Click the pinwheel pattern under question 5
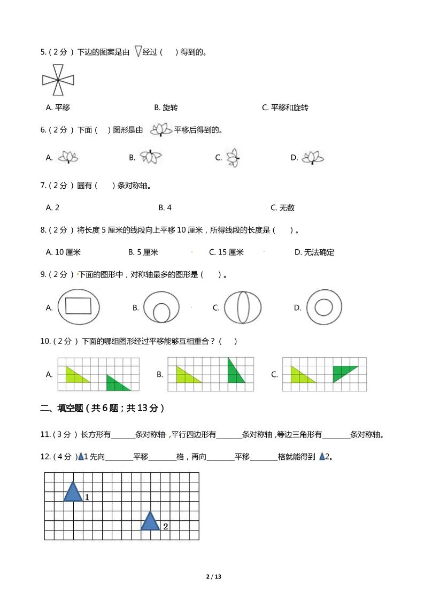point(57,80)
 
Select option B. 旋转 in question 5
point(166,107)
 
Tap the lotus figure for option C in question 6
point(233,158)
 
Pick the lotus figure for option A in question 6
point(68,157)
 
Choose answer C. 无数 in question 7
point(282,207)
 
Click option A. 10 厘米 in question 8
point(63,252)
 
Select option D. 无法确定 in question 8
point(314,252)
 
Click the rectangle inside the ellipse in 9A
point(78,306)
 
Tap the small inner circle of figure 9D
point(323,307)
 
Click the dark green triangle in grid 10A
point(116,384)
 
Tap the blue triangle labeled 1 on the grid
point(73,493)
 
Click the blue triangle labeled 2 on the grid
point(150,522)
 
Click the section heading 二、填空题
point(102,408)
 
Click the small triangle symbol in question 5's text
point(138,51)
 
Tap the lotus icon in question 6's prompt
point(161,129)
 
